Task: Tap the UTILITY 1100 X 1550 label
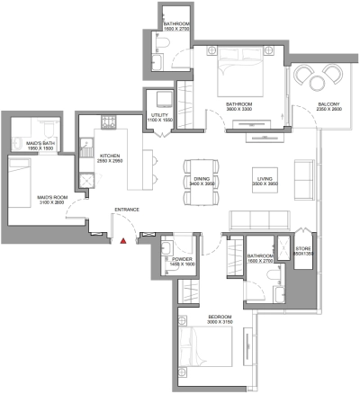coord(158,118)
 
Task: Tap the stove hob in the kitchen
coord(108,122)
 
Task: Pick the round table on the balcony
coord(319,83)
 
